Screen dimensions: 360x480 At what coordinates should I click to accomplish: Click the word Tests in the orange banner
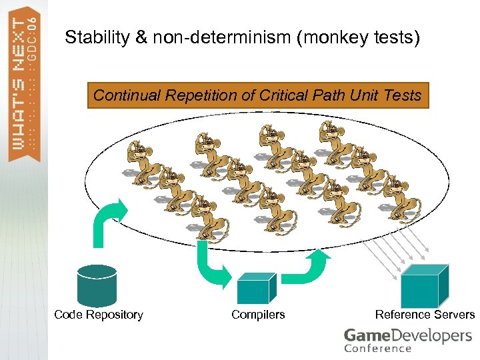[x=403, y=95]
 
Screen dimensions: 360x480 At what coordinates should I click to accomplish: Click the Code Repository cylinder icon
[x=97, y=285]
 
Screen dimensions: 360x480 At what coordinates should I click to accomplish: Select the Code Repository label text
[x=99, y=315]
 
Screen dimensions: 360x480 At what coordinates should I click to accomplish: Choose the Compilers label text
[x=258, y=315]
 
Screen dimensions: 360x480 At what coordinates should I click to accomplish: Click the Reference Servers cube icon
[x=419, y=286]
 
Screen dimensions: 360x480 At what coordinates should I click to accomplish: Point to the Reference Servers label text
[x=425, y=315]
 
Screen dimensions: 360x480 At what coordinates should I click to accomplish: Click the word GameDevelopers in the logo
[x=407, y=335]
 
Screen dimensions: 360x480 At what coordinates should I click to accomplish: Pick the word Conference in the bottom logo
[x=378, y=348]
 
